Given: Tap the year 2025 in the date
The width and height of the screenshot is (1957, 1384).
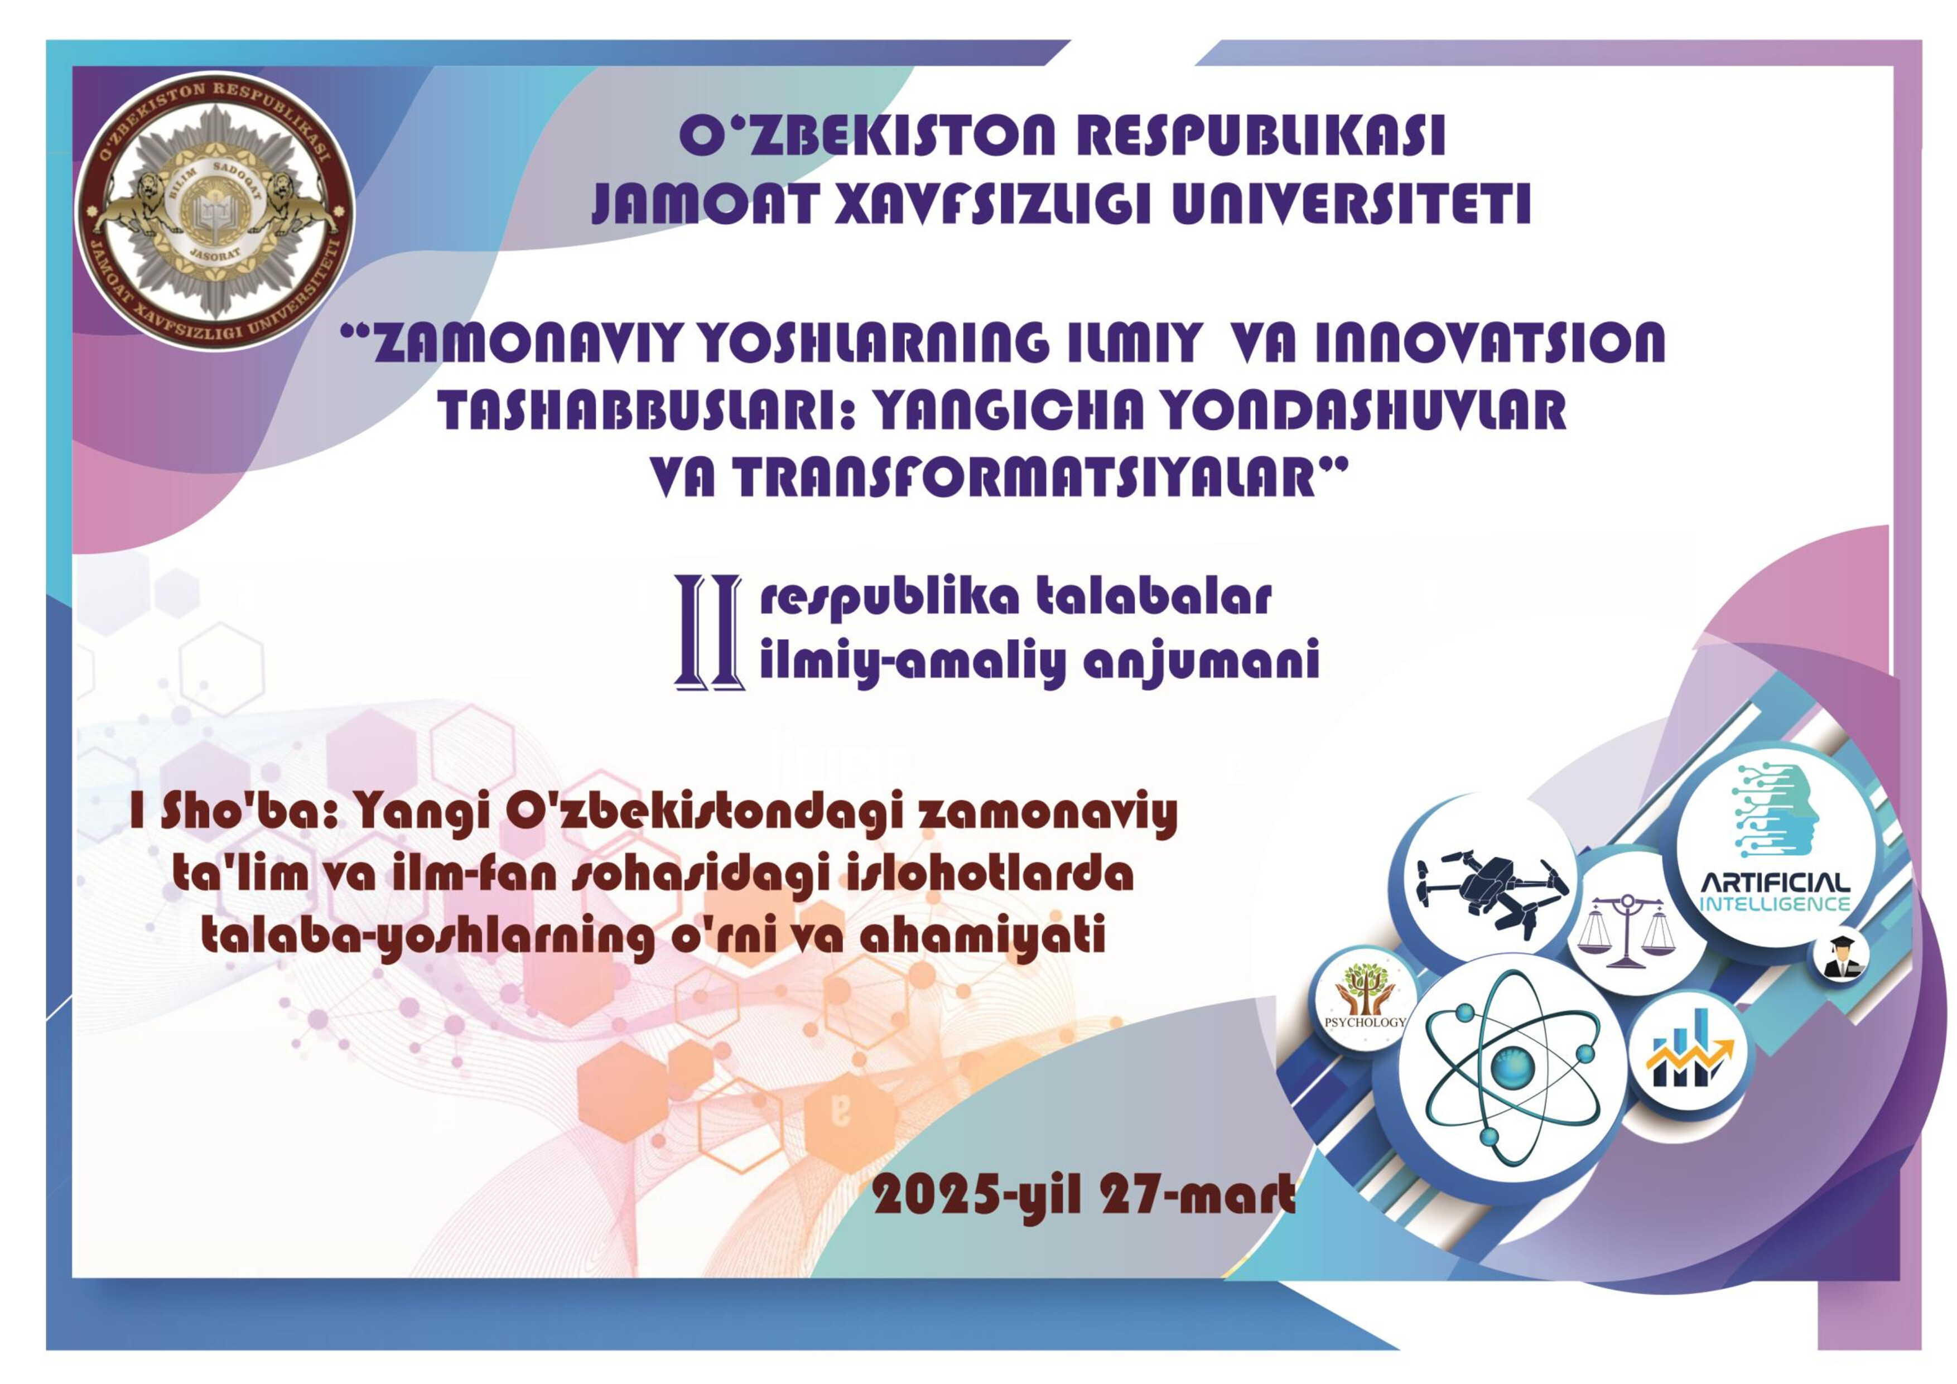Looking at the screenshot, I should pyautogui.click(x=937, y=1195).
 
